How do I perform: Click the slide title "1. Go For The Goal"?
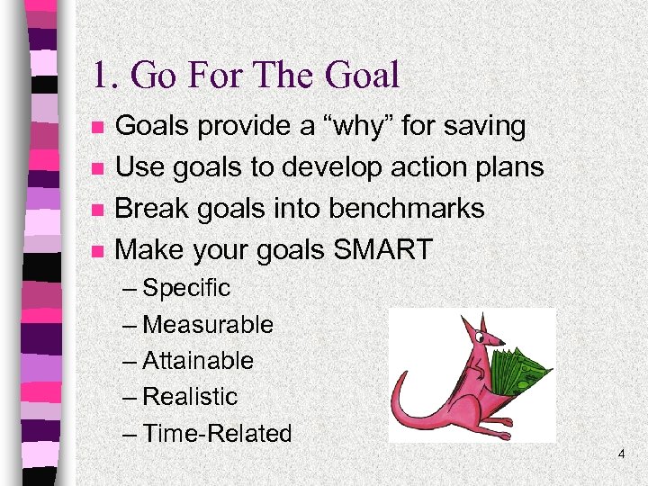click(x=246, y=76)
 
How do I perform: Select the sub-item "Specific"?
click(x=185, y=289)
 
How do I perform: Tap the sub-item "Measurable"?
click(x=207, y=325)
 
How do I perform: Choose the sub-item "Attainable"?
click(x=197, y=361)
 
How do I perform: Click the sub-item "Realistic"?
click(x=189, y=397)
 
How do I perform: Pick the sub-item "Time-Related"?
click(x=216, y=434)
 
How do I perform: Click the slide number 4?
click(x=621, y=455)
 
